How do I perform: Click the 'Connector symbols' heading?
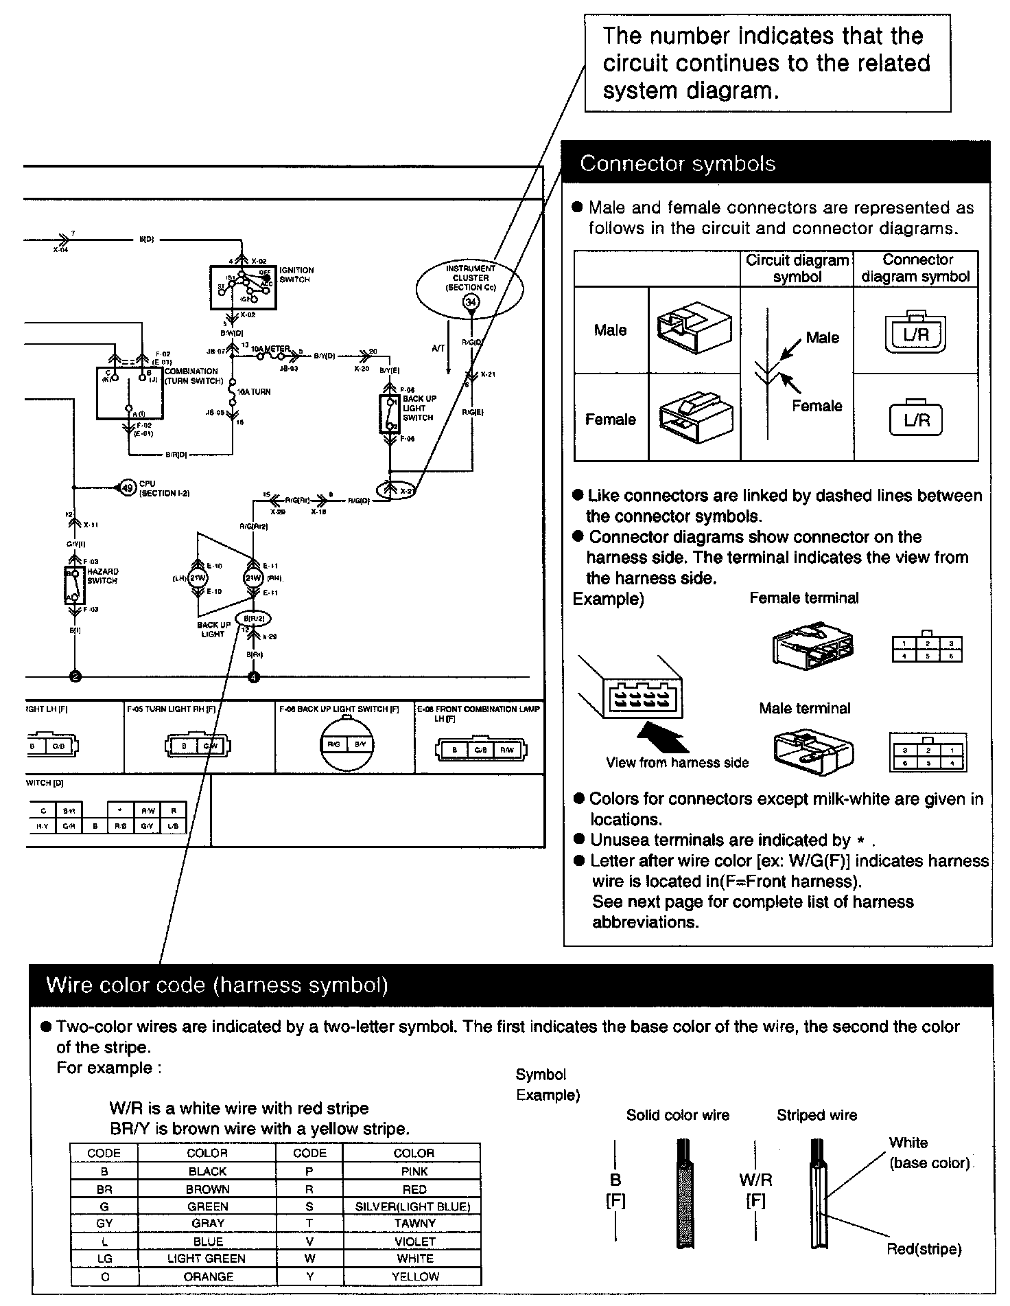677,163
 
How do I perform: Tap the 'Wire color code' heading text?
217,985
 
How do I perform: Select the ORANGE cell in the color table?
207,1276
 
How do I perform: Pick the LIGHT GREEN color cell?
207,1259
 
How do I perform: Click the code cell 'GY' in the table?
104,1223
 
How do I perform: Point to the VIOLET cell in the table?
414,1241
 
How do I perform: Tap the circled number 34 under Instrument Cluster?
471,302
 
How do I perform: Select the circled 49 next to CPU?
128,488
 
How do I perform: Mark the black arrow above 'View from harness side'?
663,739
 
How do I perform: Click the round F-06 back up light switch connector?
346,745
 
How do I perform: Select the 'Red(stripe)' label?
924,1249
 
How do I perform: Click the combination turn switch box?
130,392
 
